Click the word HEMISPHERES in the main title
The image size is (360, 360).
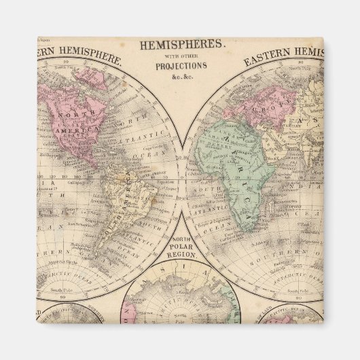[x=181, y=44]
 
